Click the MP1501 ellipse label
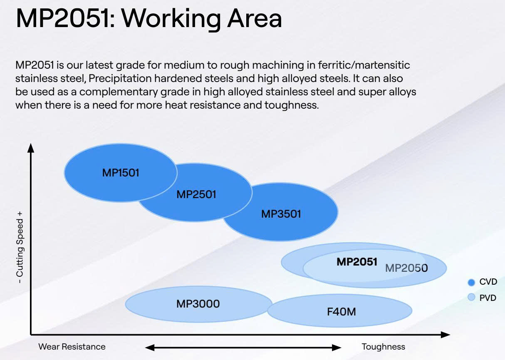pyautogui.click(x=121, y=173)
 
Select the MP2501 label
pyautogui.click(x=196, y=194)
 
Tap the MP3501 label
pyautogui.click(x=281, y=214)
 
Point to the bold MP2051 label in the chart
pyautogui.click(x=357, y=262)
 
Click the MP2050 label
pyautogui.click(x=406, y=268)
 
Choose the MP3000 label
pyautogui.click(x=198, y=304)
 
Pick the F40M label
pyautogui.click(x=342, y=312)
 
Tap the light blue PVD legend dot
pyautogui.click(x=471, y=297)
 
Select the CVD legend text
pyautogui.click(x=488, y=282)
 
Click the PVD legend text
pyautogui.click(x=488, y=298)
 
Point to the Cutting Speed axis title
pyautogui.click(x=20, y=247)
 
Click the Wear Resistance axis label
pyautogui.click(x=72, y=347)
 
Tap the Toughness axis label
pyautogui.click(x=383, y=347)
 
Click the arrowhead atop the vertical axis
pyautogui.click(x=31, y=148)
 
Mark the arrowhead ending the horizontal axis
pyautogui.click(x=446, y=335)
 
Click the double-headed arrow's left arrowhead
pyautogui.click(x=150, y=348)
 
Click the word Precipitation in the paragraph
pyautogui.click(x=120, y=79)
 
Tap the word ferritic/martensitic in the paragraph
pyautogui.click(x=364, y=65)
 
